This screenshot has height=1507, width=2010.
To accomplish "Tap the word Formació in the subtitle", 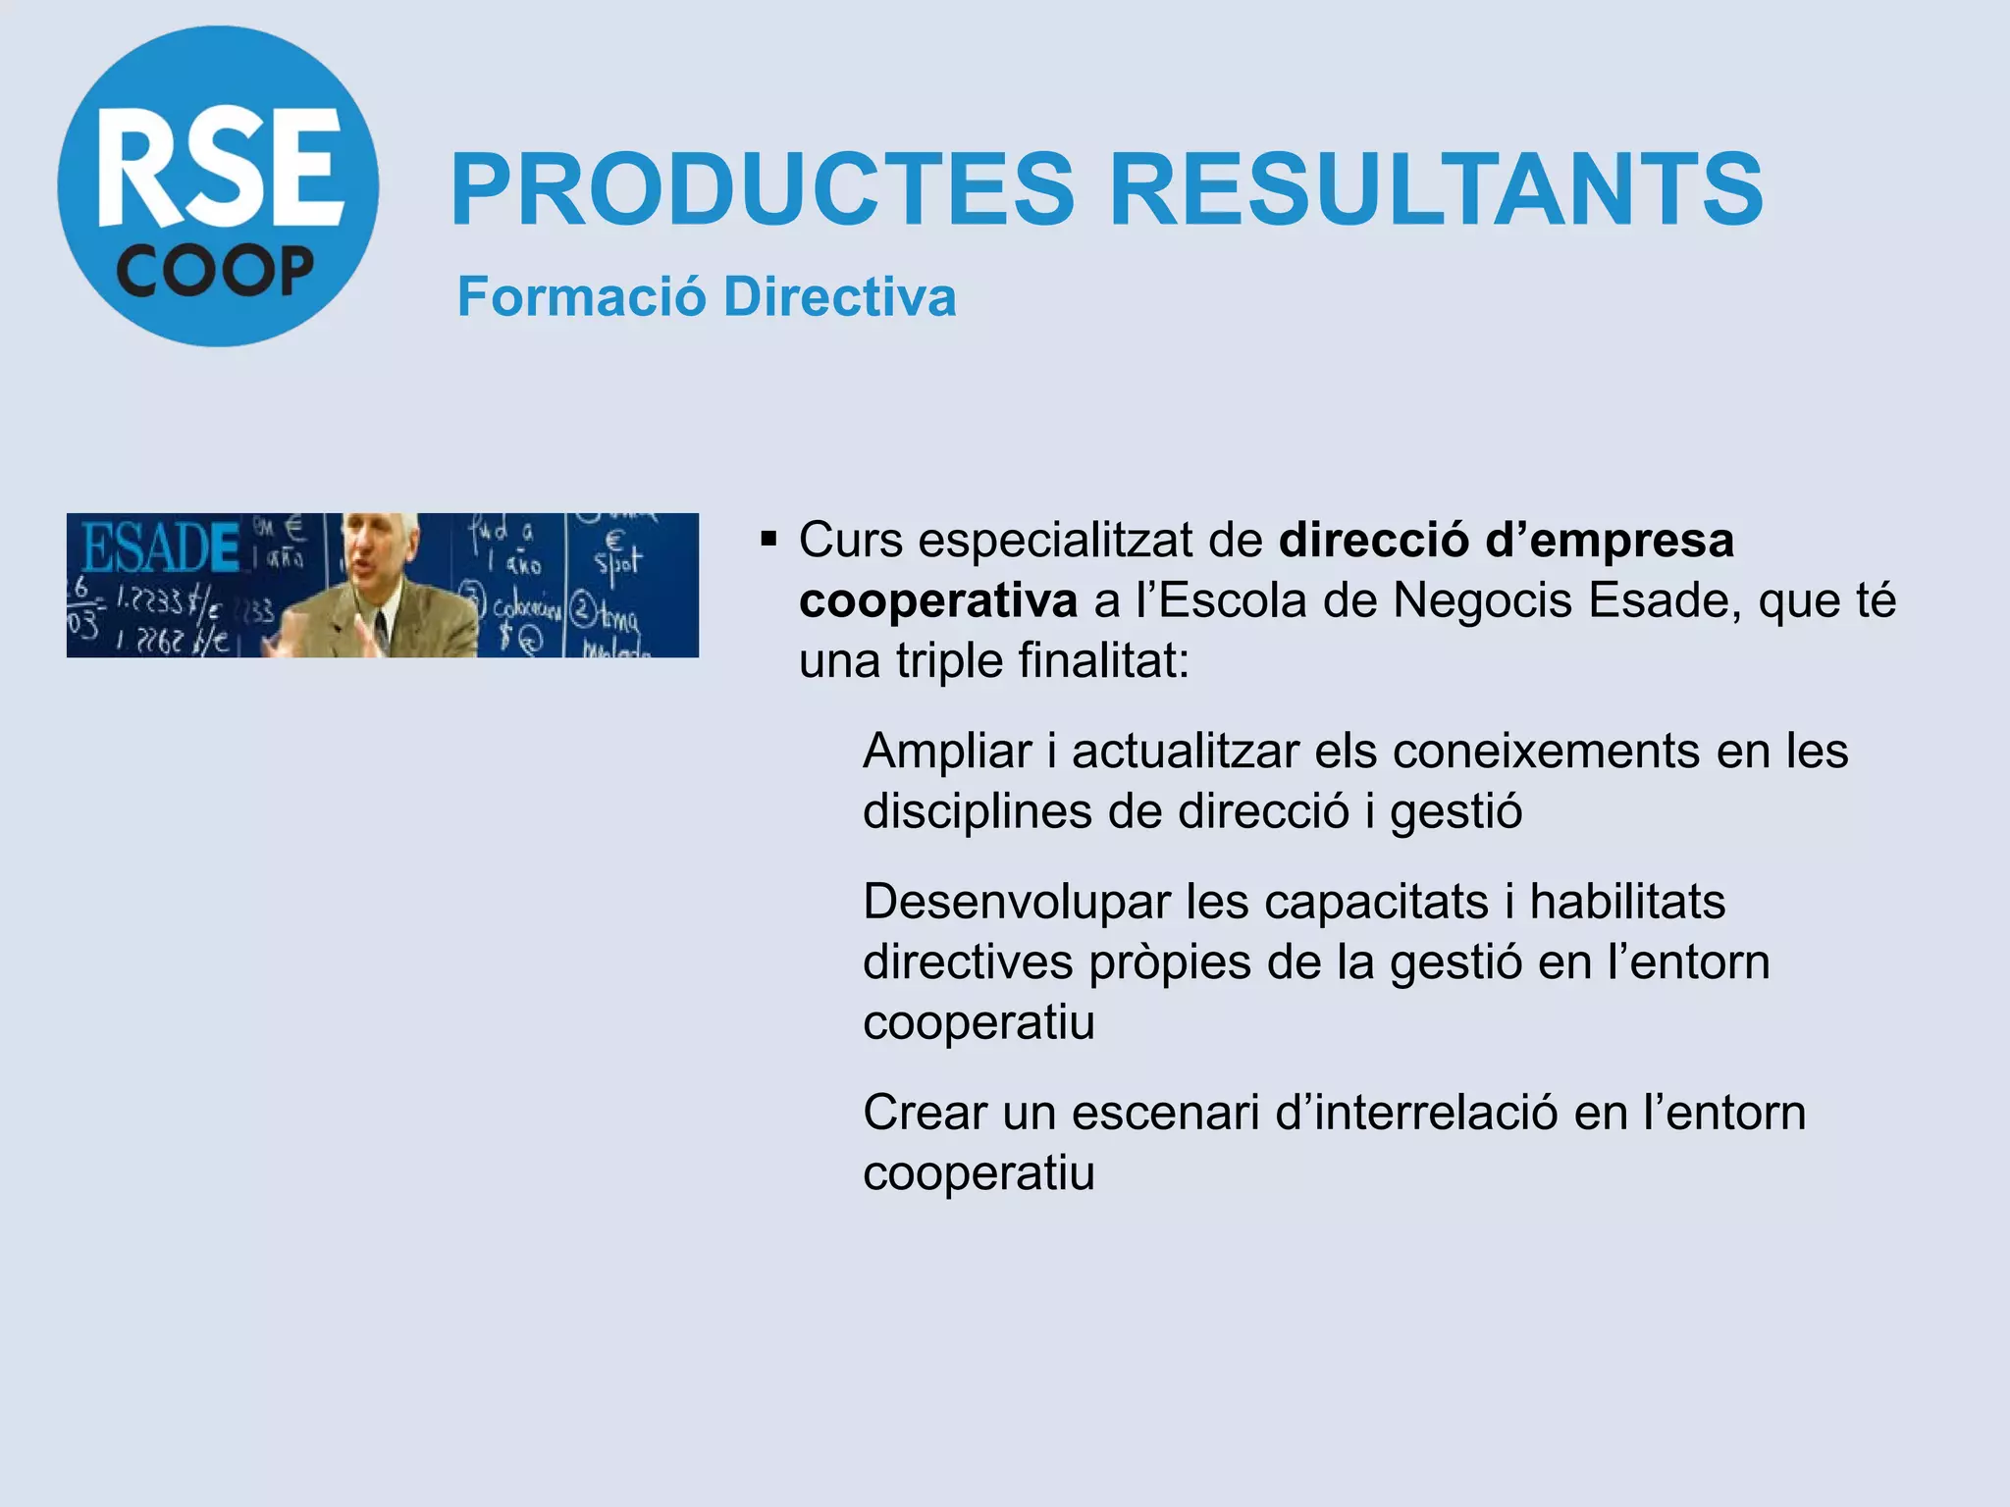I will pyautogui.click(x=581, y=296).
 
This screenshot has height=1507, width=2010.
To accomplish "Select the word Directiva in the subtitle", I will pyautogui.click(x=840, y=296).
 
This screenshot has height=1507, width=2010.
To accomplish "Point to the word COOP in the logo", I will pyautogui.click(x=216, y=272).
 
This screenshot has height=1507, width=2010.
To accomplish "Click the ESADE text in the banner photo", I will pyautogui.click(x=160, y=547).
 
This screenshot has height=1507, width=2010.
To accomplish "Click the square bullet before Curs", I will pyautogui.click(x=768, y=539).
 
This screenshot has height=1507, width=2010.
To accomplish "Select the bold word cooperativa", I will pyautogui.click(x=938, y=600).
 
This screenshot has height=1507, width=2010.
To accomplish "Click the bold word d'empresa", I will pyautogui.click(x=1610, y=540).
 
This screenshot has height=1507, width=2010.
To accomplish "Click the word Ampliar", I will pyautogui.click(x=947, y=752).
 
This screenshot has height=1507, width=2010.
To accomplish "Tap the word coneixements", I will pyautogui.click(x=1547, y=752).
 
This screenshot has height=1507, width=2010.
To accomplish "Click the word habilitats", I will pyautogui.click(x=1627, y=902).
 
